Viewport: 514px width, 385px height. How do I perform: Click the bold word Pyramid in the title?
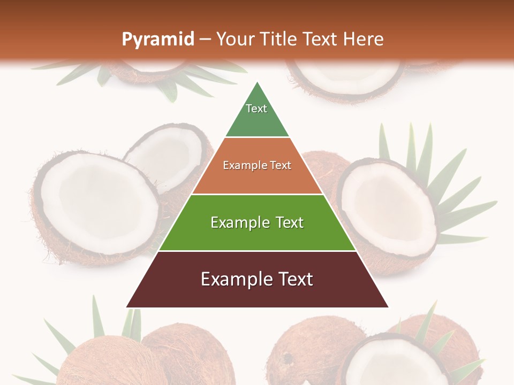[158, 40]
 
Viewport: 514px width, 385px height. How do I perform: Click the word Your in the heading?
[235, 40]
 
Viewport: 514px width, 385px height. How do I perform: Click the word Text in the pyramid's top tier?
[256, 109]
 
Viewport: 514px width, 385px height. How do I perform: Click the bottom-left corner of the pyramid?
[127, 307]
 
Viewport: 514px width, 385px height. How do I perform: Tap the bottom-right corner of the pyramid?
[388, 307]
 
